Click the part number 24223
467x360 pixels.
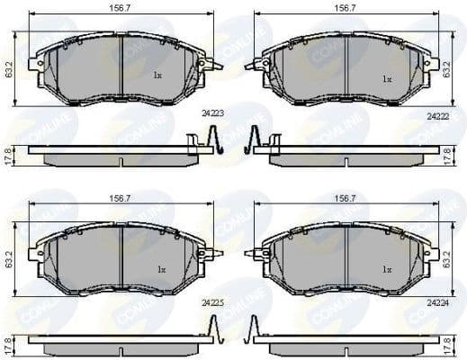point(213,113)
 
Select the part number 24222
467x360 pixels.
point(436,115)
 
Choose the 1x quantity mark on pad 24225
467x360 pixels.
point(161,268)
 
